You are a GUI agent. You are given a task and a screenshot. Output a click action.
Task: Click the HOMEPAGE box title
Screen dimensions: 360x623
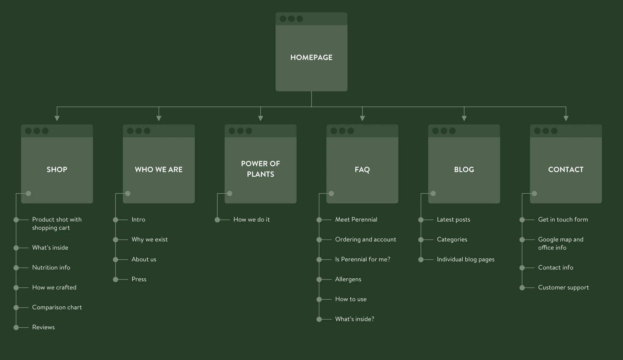coord(311,57)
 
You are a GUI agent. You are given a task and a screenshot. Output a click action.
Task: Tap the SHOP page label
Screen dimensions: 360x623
coord(57,169)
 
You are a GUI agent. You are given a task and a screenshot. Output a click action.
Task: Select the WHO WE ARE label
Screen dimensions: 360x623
coord(159,169)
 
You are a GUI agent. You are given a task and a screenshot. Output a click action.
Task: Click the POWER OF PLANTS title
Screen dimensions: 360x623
coord(260,169)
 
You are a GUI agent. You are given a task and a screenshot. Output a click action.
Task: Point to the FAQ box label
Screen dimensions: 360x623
coord(362,169)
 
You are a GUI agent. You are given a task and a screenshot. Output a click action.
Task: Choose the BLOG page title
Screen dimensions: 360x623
coord(464,169)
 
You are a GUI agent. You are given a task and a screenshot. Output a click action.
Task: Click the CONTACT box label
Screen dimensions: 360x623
coord(566,169)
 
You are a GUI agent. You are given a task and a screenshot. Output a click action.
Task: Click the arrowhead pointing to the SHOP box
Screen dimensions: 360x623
coord(57,118)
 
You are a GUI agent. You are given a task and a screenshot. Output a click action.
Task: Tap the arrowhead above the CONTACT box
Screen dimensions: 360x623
coord(566,118)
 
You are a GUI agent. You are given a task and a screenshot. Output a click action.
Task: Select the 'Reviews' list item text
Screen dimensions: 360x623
coord(43,327)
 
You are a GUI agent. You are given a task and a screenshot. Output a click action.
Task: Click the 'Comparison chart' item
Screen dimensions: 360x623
coord(57,307)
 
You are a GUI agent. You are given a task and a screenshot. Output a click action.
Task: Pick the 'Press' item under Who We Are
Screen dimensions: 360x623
coord(139,279)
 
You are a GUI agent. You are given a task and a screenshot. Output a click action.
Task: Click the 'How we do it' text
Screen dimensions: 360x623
coord(252,220)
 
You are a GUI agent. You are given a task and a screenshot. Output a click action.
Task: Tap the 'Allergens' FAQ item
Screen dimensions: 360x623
coord(348,279)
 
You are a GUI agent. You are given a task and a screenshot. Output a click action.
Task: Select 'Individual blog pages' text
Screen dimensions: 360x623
coord(466,259)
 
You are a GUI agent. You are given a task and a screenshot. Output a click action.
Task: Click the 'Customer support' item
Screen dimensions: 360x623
coord(563,287)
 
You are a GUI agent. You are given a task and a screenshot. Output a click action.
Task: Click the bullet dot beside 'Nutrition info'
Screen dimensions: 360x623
coord(16,268)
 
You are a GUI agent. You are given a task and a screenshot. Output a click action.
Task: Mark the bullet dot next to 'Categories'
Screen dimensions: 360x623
coord(421,240)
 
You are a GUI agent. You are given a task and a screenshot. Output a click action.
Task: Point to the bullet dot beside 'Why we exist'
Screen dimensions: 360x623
coord(116,240)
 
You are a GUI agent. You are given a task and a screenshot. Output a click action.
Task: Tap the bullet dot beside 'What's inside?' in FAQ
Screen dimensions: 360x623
coord(319,319)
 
